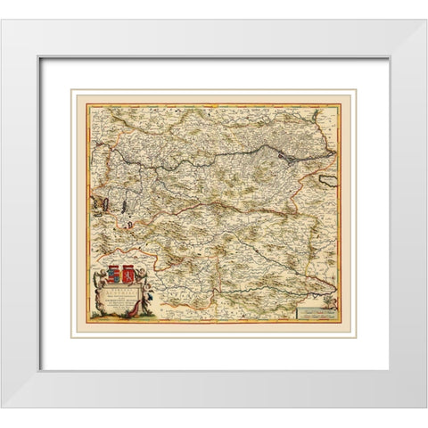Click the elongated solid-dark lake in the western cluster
pos(115,205)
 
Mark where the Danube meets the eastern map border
pos(337,150)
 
